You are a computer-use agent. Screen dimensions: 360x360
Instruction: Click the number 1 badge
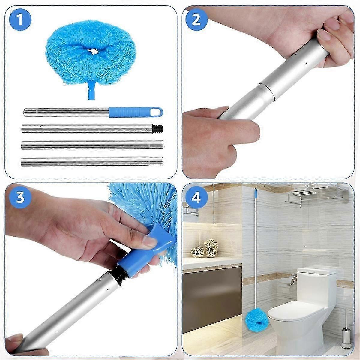pyautogui.click(x=20, y=20)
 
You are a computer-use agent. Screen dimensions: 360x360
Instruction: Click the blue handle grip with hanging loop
pyautogui.click(x=135, y=112)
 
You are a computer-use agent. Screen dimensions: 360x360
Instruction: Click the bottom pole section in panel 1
pyautogui.click(x=92, y=161)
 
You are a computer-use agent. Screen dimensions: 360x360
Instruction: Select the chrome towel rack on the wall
pyautogui.click(x=318, y=195)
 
